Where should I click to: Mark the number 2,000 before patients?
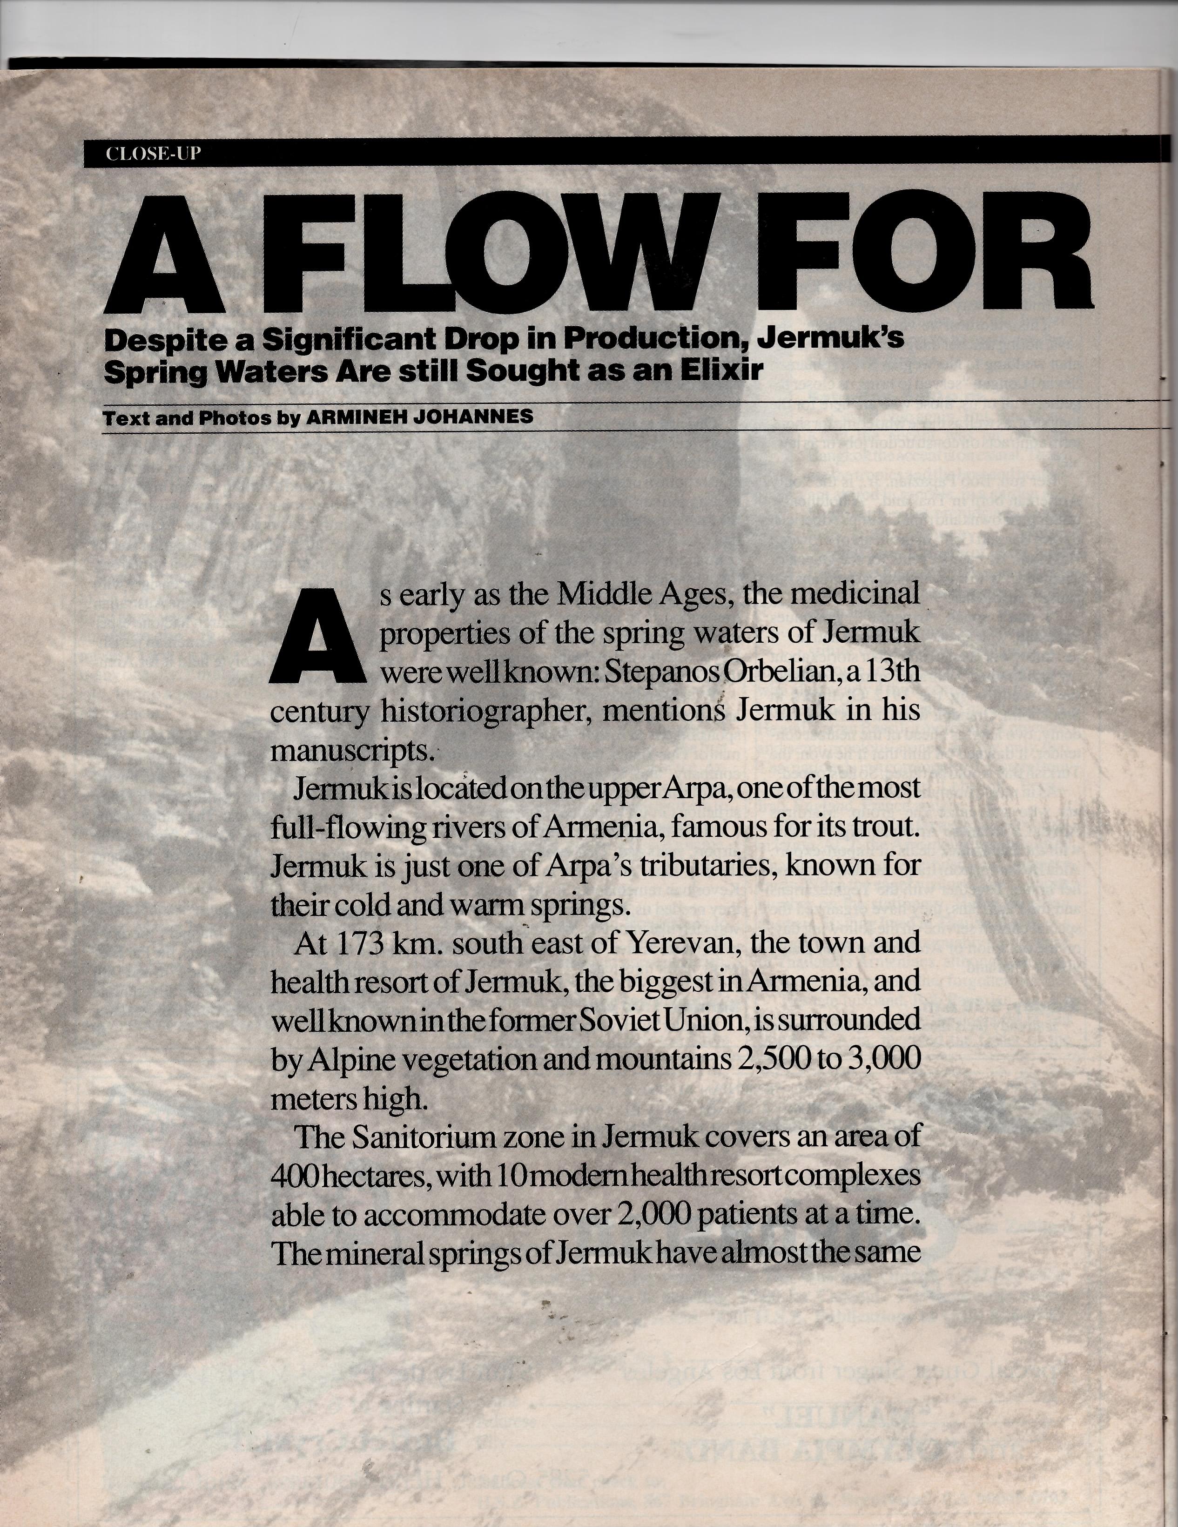(653, 1215)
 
